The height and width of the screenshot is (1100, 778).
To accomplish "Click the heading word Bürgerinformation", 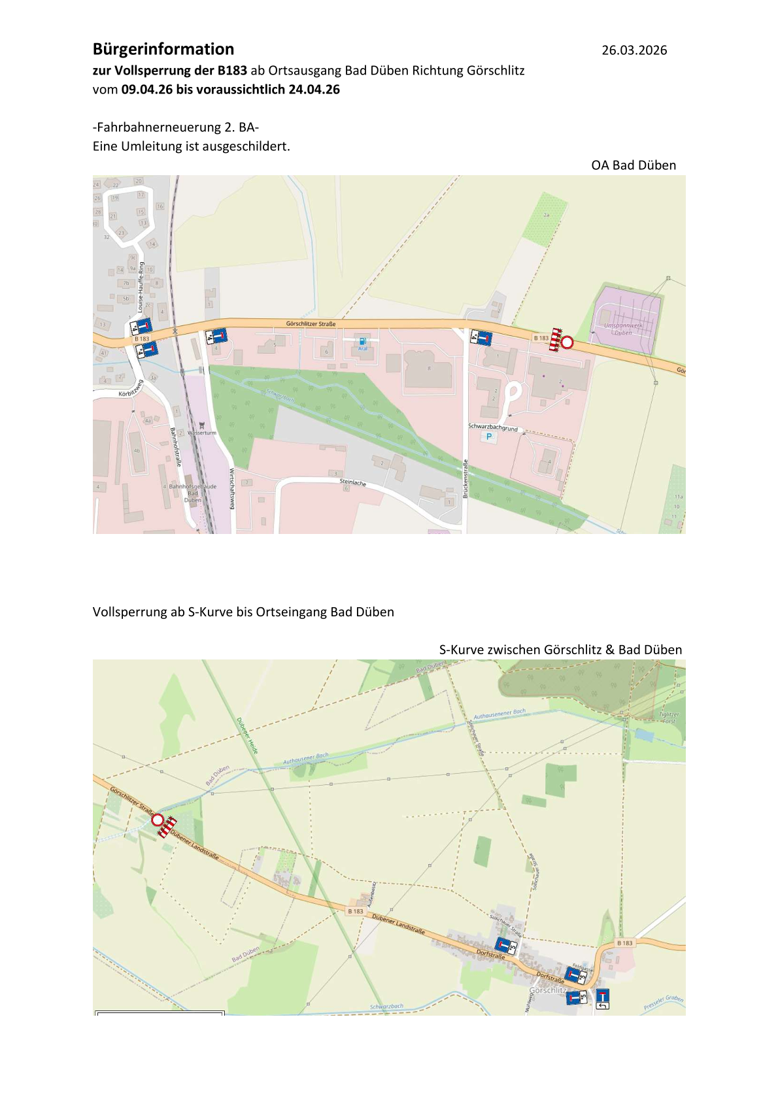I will click(x=163, y=50).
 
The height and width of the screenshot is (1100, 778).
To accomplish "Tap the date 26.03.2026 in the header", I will click(x=634, y=50).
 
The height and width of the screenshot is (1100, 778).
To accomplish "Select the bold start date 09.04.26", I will click(x=147, y=90).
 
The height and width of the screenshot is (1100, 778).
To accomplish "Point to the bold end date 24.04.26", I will click(x=314, y=90).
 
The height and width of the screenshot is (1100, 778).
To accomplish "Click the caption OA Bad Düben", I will click(x=633, y=165).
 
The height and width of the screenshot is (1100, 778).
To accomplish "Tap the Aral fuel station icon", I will click(x=362, y=341).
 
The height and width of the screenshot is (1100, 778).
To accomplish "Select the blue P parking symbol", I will click(x=489, y=437).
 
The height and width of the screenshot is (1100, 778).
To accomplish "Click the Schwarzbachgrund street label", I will click(x=492, y=427).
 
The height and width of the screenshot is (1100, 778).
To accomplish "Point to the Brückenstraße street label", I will click(x=465, y=479).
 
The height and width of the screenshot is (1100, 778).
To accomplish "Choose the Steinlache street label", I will click(x=353, y=482).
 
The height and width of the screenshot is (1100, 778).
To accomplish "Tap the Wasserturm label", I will click(x=201, y=433).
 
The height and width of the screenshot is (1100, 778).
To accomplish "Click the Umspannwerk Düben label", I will click(x=623, y=329).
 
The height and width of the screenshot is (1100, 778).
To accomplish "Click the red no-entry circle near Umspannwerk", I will click(x=567, y=342).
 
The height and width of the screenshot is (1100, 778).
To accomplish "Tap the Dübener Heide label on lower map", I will click(x=247, y=736).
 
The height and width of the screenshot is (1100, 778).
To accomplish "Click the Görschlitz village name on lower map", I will click(x=548, y=990).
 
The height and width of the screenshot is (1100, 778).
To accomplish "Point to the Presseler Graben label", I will click(x=664, y=1003).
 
